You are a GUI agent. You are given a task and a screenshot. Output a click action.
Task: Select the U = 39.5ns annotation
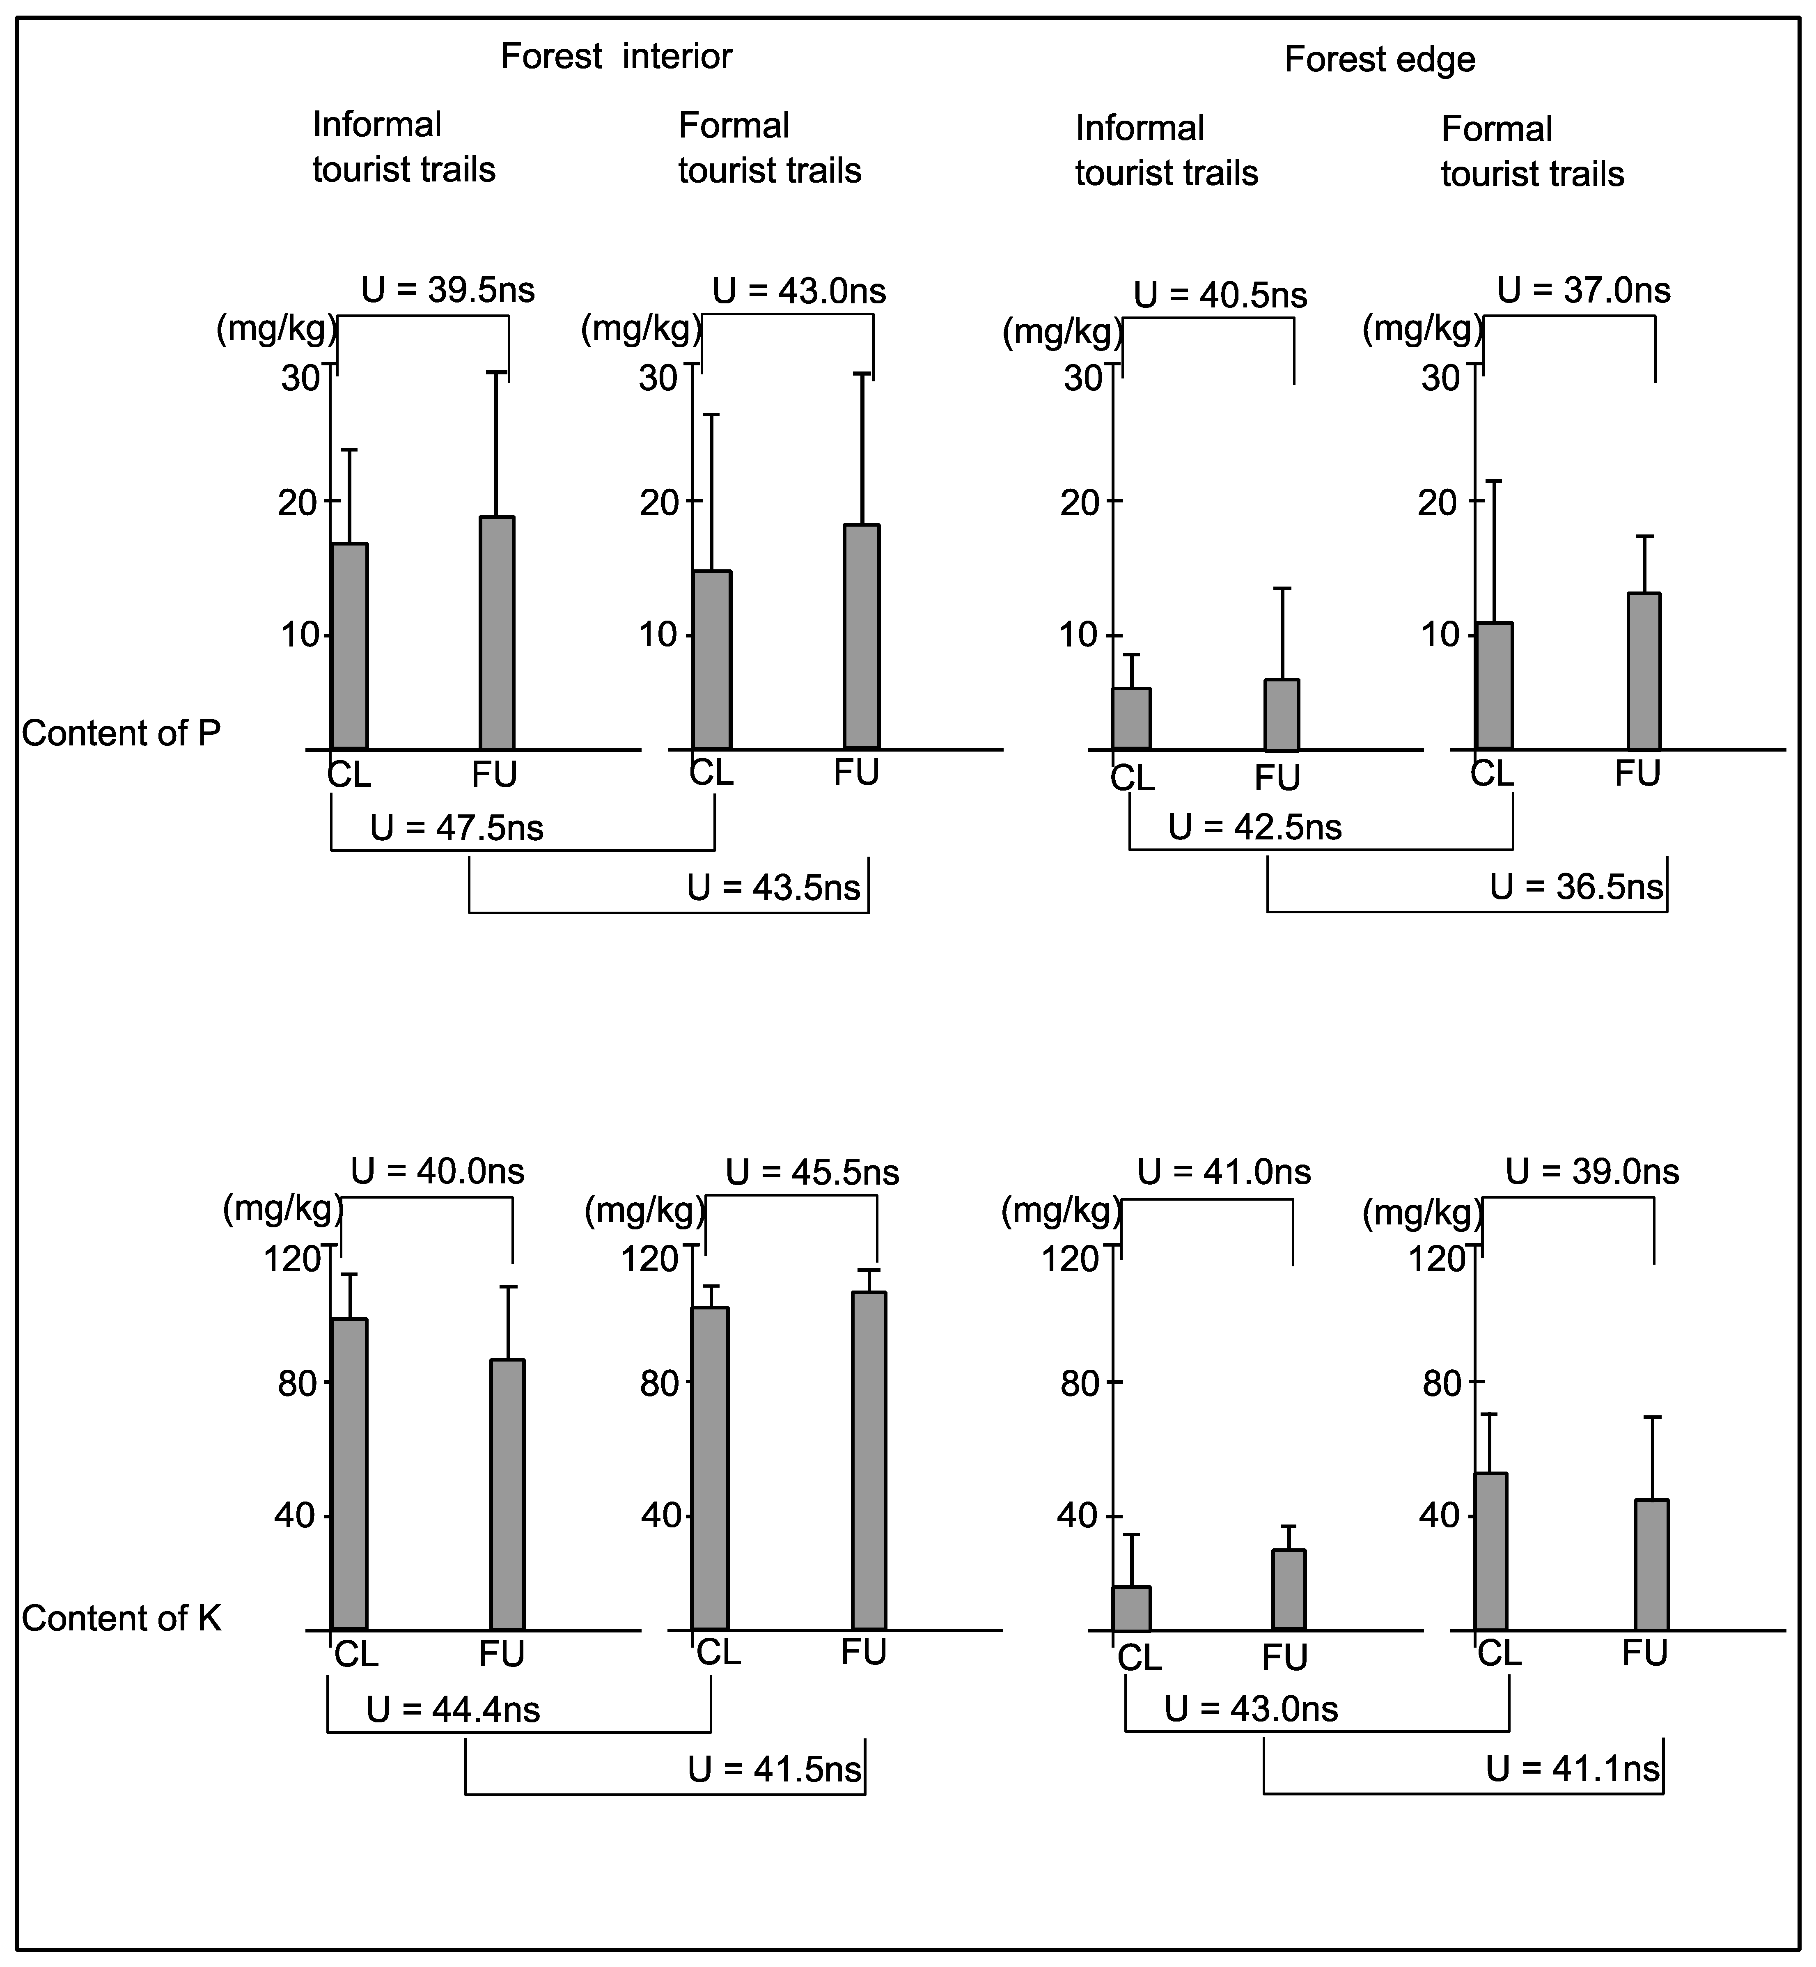448,291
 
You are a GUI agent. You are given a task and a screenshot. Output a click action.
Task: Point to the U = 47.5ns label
457,828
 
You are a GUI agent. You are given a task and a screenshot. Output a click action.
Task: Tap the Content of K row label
121,1618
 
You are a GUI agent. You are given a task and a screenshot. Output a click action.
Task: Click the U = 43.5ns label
773,888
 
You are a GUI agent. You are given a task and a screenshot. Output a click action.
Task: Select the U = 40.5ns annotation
1220,296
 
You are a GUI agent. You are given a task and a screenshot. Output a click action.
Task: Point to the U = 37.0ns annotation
1583,291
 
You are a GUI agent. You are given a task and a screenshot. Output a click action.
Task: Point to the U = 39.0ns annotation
1592,1172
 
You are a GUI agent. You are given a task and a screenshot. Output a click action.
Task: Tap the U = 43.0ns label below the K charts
1251,1710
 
